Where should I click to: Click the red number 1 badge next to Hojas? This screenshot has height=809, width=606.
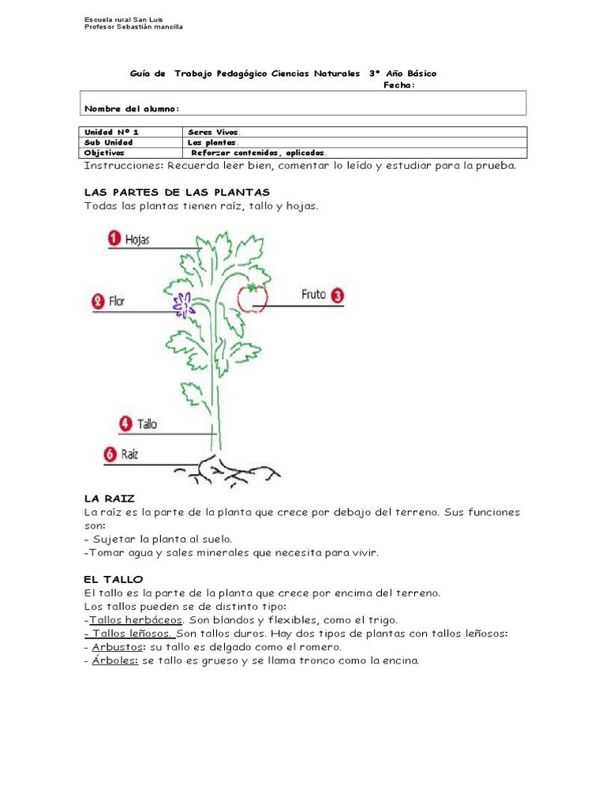[114, 239]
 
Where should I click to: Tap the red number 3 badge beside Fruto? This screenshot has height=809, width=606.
[337, 295]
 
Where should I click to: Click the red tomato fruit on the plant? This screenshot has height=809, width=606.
[254, 297]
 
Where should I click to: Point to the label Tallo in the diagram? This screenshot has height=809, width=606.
[147, 424]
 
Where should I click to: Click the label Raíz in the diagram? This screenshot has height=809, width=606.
[129, 454]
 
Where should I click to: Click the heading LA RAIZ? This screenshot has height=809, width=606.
[110, 499]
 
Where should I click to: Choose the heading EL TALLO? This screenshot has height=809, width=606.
[114, 579]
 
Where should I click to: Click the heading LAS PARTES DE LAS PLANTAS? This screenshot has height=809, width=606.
[177, 192]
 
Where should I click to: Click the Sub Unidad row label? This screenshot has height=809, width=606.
[109, 142]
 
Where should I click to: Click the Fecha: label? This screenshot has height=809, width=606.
[398, 85]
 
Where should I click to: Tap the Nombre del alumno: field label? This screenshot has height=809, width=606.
[132, 108]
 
